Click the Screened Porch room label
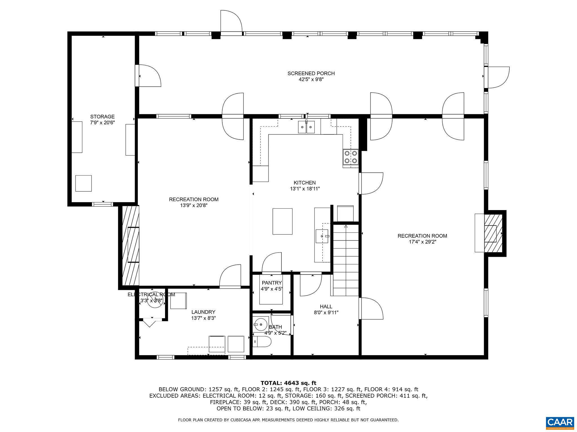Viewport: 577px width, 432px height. point(311,73)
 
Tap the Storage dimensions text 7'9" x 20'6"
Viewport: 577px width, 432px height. point(102,123)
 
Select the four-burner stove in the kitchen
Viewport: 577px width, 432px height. point(350,157)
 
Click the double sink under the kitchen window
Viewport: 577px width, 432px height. point(306,127)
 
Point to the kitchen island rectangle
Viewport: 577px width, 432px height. point(282,221)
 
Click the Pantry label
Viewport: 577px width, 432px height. point(272,283)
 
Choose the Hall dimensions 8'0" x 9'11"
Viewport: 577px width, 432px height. point(326,312)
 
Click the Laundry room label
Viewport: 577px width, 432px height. point(203,312)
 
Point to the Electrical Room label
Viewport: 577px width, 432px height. point(151,294)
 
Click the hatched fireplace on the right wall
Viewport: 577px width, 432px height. point(493,233)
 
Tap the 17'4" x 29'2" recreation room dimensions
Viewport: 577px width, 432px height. point(422,242)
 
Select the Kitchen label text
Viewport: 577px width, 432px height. point(305,183)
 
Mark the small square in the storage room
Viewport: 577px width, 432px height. point(83,183)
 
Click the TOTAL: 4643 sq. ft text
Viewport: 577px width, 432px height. point(288,383)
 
